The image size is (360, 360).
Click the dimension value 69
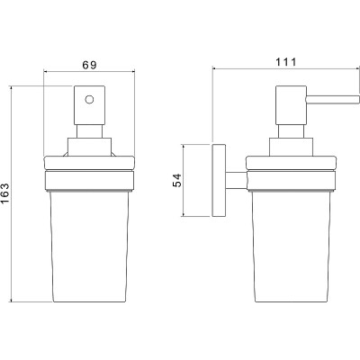click(x=90, y=65)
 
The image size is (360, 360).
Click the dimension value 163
click(x=5, y=193)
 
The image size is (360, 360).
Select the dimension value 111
click(x=286, y=62)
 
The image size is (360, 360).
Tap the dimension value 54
click(x=177, y=180)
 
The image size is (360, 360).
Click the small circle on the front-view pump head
click(x=89, y=99)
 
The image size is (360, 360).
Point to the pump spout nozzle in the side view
click(x=332, y=100)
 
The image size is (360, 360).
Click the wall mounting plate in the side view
click(x=219, y=180)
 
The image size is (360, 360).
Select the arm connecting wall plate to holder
click(x=237, y=181)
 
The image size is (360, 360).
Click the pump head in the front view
click(x=90, y=105)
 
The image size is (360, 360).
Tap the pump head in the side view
click(x=291, y=105)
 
